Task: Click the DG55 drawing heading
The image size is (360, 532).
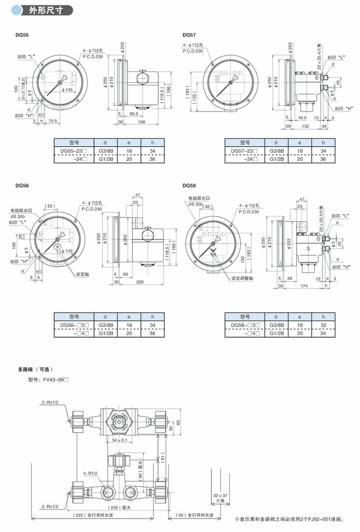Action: tap(23, 35)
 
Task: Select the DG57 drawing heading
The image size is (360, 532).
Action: tap(189, 35)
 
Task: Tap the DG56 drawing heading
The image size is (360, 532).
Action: tap(23, 186)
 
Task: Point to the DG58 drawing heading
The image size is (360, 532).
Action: tap(189, 186)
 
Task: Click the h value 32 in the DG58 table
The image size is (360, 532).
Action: tap(323, 325)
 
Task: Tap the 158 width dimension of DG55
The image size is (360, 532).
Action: tap(140, 122)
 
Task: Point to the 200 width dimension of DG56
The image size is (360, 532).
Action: tap(140, 282)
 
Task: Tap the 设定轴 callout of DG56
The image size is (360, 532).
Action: tap(83, 274)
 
